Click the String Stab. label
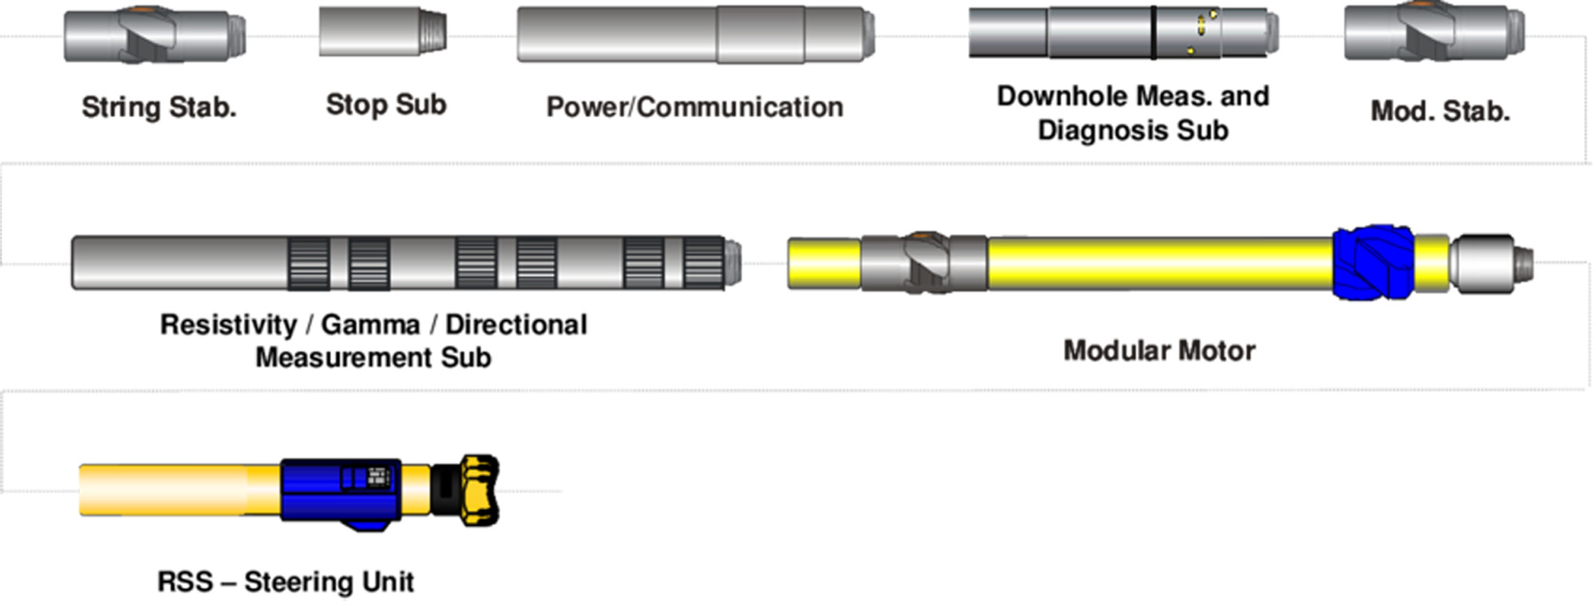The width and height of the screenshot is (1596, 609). (159, 107)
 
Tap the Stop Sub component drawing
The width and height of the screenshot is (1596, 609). (383, 32)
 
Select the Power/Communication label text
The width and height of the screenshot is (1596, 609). (694, 107)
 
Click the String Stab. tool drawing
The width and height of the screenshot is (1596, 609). (155, 36)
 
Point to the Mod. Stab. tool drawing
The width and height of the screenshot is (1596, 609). (1434, 32)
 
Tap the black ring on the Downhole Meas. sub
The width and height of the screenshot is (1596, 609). (1154, 32)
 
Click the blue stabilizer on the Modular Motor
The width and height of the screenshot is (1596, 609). (1373, 263)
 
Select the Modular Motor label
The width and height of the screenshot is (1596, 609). (1159, 350)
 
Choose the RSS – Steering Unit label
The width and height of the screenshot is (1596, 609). (286, 582)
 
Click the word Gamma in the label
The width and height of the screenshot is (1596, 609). (370, 325)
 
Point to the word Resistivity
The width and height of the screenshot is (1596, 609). (228, 325)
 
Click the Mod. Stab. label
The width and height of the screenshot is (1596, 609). (1440, 111)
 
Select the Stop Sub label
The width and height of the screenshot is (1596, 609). (386, 105)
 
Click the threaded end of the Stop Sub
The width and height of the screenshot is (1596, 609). (433, 32)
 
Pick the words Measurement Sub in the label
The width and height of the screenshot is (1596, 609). (373, 358)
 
